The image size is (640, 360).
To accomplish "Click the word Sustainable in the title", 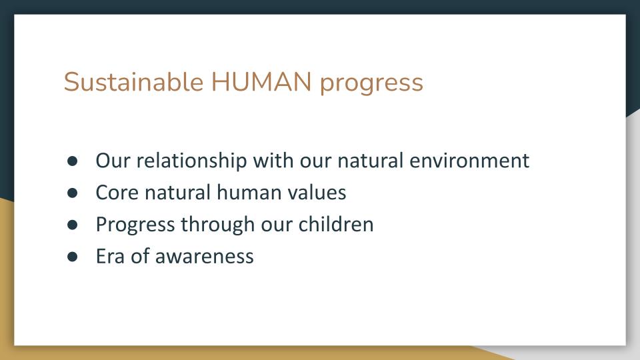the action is point(133,81).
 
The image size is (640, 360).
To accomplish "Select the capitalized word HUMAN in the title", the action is point(261,81).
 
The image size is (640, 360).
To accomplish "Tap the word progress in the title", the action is point(371,84).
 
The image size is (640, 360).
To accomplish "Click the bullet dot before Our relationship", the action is point(72,161).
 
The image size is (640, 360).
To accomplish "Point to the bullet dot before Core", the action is point(72,193).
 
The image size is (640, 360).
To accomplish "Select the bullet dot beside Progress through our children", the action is point(72,225).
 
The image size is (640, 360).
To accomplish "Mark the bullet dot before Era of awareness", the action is point(72,256).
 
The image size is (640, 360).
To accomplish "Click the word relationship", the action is point(191,161).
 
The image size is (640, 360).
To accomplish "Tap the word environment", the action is point(469,161).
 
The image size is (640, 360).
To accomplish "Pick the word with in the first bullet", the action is point(273,160).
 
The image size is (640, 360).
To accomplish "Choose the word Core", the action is point(117,193).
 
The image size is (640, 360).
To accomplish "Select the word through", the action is point(218,225).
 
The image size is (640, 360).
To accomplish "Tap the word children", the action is point(336,224).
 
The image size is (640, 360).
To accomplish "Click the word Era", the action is point(110,256).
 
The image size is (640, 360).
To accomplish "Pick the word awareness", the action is point(205,257).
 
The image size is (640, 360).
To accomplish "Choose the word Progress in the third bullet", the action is point(135,225).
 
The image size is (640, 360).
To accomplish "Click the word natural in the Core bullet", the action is point(177,193).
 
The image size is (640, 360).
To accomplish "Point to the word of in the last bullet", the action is point(140,256).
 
